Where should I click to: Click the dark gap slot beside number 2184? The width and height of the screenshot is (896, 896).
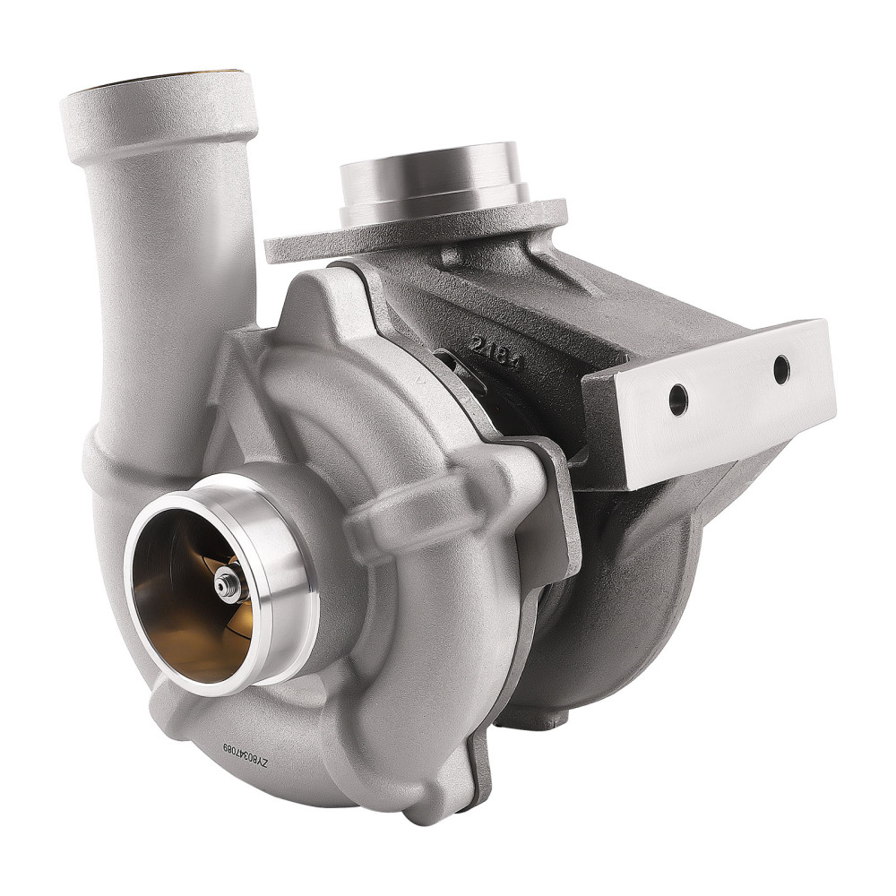448,363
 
